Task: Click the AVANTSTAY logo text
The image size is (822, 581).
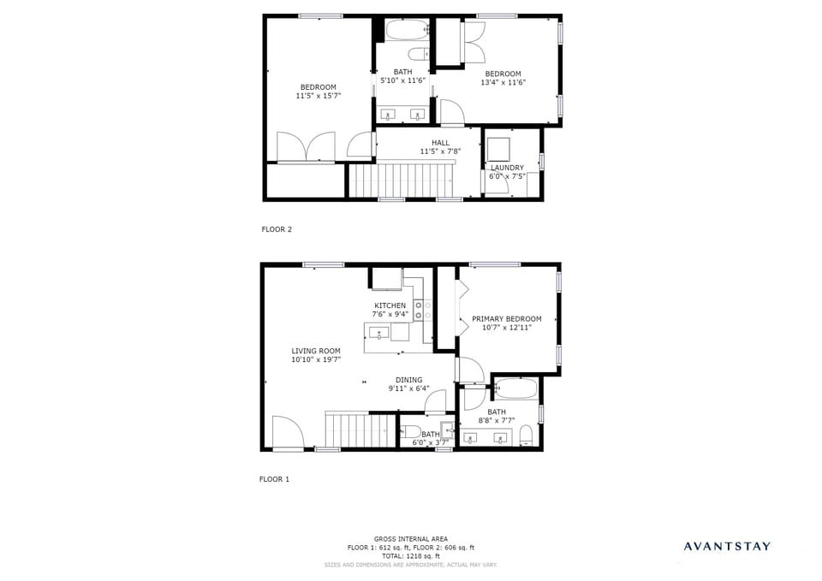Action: coord(726,546)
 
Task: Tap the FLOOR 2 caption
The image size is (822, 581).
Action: coord(277,229)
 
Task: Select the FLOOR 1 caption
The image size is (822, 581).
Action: coord(275,479)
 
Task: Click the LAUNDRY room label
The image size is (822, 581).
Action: coord(507,168)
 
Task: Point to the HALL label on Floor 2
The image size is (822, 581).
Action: coord(440,143)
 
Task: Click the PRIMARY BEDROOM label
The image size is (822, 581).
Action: coord(507,318)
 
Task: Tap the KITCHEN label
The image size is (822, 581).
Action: coord(390,305)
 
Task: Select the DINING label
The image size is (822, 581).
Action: coord(408,380)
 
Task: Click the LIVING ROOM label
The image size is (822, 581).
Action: coord(316,351)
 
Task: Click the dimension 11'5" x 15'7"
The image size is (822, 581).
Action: coord(318,96)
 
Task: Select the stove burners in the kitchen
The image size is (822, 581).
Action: coord(420,310)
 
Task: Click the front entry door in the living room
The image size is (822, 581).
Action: coord(287,432)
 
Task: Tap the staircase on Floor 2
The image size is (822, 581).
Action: coord(402,181)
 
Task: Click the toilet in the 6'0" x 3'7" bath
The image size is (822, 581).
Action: coord(411,432)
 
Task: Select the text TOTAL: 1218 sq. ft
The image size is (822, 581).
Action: coord(411,556)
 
